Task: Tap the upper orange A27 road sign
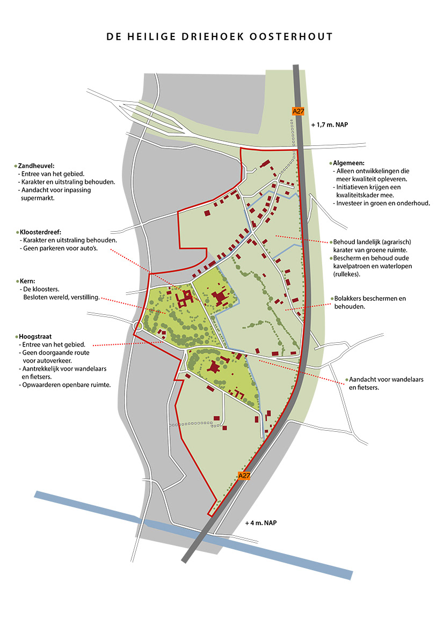click(x=298, y=111)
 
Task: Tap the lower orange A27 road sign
click(x=244, y=475)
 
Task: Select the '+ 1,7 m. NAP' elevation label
click(x=331, y=123)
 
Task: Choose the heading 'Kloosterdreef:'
click(x=40, y=232)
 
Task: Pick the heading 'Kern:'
click(x=26, y=281)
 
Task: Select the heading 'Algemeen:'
click(x=349, y=163)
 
